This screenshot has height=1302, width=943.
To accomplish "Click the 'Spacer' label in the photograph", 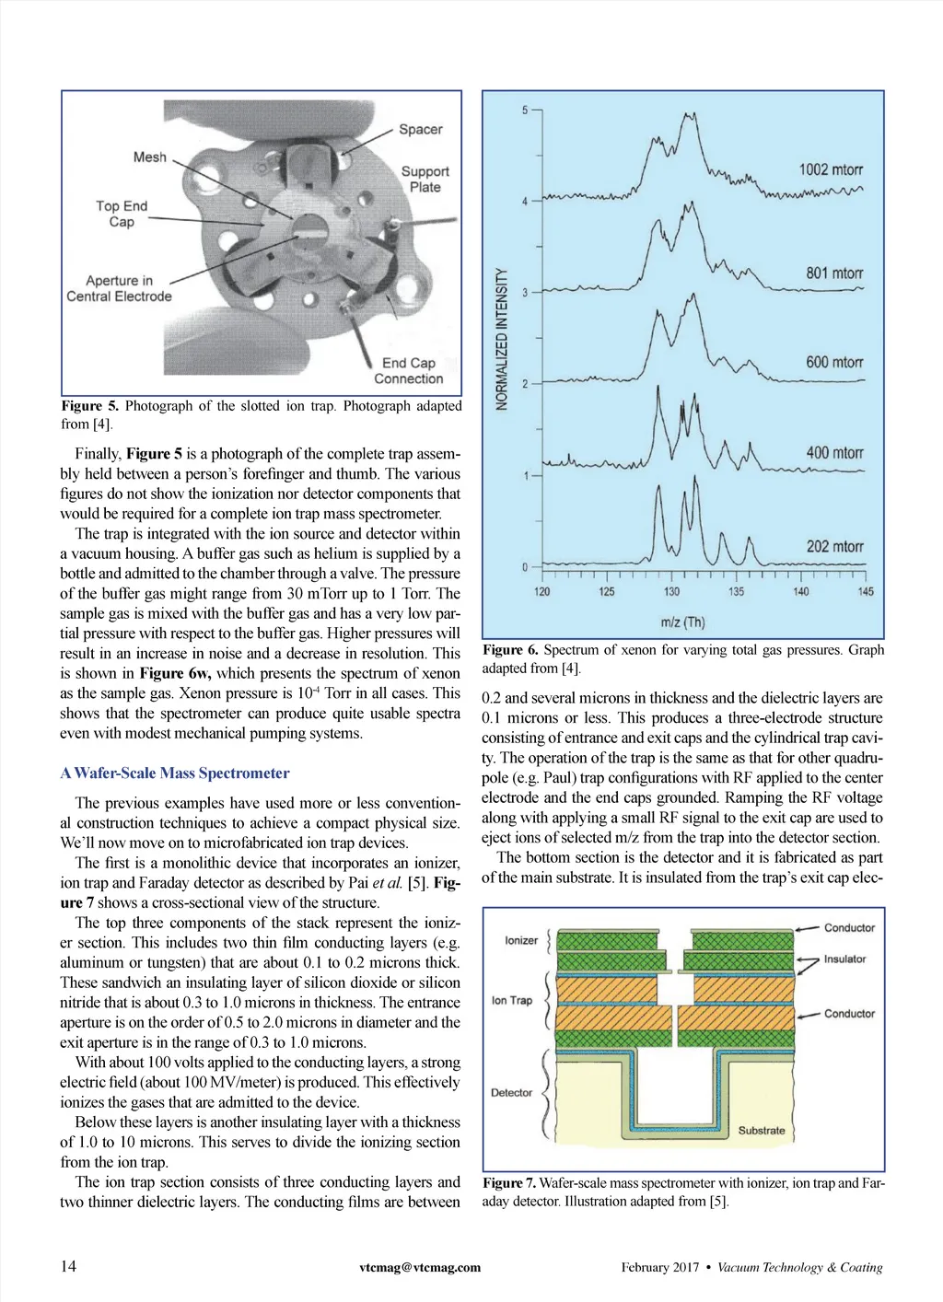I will (420, 129).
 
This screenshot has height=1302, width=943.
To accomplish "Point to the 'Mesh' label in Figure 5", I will (150, 157).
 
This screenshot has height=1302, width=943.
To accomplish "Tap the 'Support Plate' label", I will (425, 179).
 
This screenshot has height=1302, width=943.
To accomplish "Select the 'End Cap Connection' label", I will (408, 371).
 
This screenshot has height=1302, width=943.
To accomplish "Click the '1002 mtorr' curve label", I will (831, 169).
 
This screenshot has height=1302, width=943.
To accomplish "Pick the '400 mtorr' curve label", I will (834, 453).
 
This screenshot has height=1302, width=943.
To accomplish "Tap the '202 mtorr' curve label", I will (834, 546).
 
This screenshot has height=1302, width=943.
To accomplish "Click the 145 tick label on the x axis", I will (866, 591).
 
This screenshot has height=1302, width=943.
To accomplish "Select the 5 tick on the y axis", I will (525, 110).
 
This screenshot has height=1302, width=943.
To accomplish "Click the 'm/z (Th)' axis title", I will (682, 622).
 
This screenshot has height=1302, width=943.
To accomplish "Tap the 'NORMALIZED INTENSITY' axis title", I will (502, 339).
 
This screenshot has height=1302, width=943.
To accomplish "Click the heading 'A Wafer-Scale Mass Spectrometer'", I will (175, 773).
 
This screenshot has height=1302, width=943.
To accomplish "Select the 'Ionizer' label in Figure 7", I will (521, 940).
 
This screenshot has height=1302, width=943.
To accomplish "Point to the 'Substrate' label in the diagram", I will (762, 1130).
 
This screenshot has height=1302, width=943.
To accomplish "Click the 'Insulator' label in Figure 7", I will (844, 959).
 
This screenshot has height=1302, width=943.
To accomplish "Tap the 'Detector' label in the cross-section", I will (511, 1092).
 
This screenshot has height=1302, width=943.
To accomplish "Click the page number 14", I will (69, 1266).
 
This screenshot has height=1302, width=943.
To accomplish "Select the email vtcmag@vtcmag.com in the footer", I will (420, 1267).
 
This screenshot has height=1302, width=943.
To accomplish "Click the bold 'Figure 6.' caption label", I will (510, 650).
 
